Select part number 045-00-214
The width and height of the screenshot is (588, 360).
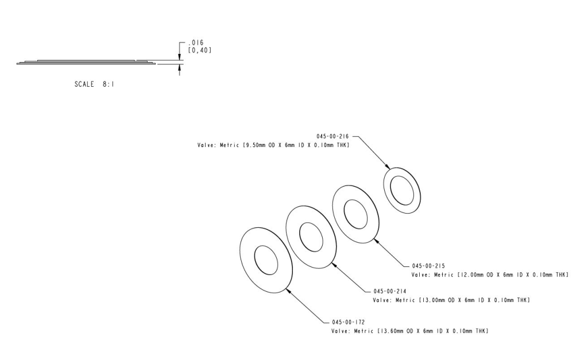click(x=389, y=292)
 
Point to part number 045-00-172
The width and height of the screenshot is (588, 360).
click(x=348, y=322)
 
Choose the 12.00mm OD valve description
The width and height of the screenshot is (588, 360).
click(x=490, y=275)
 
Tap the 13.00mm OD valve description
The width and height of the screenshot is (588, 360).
click(x=451, y=300)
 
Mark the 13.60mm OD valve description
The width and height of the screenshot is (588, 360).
click(x=410, y=331)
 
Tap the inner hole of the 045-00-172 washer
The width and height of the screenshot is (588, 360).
click(x=266, y=260)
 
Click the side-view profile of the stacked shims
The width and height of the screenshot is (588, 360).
click(x=86, y=62)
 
